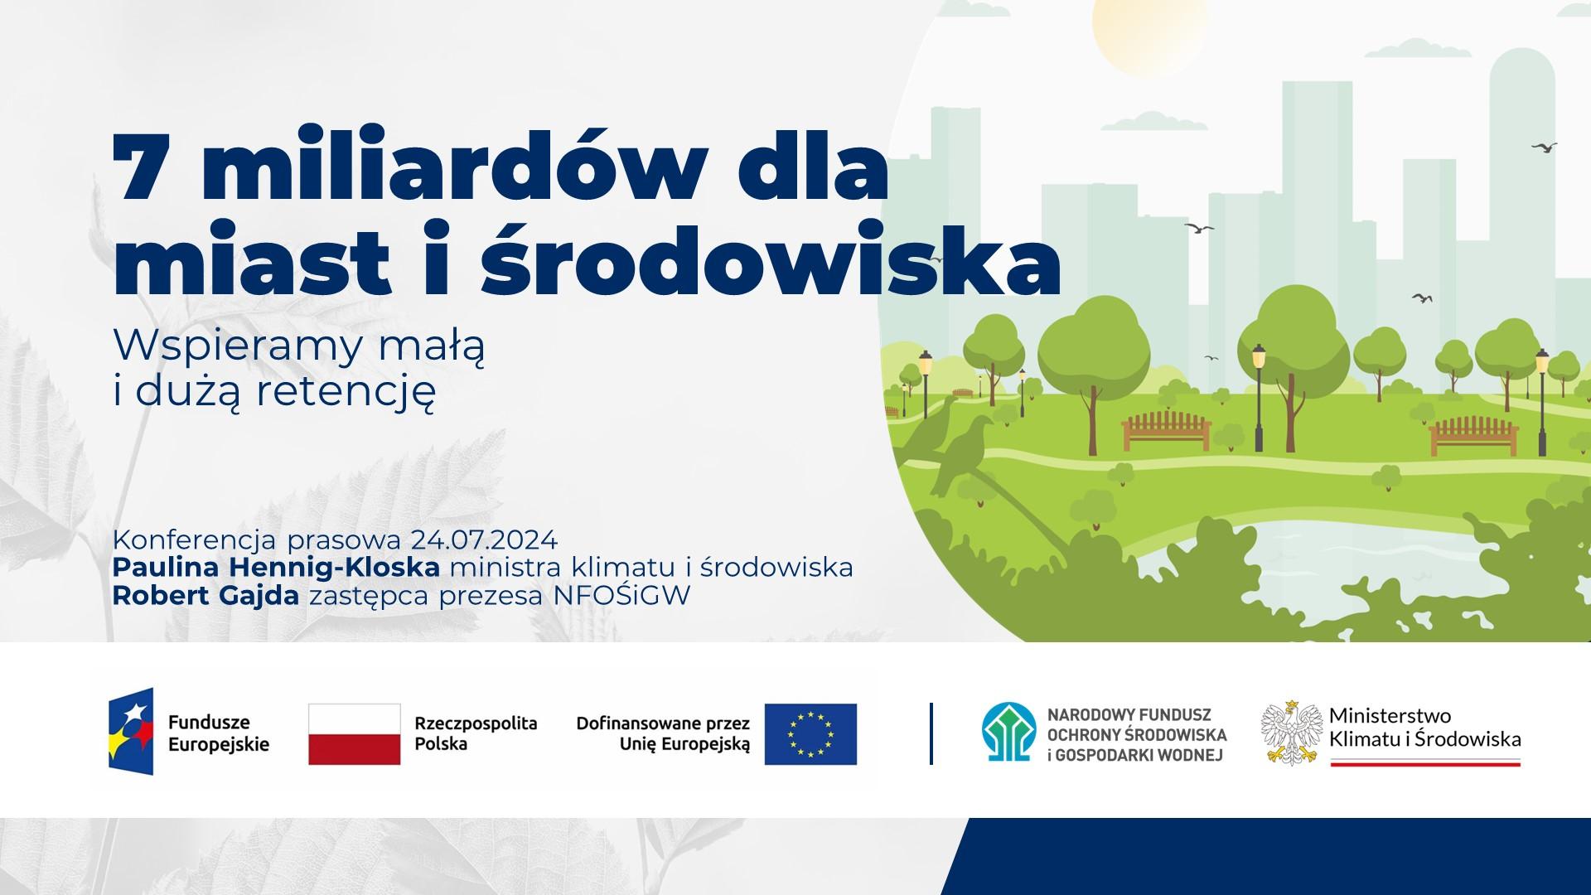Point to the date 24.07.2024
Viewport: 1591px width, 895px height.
483,540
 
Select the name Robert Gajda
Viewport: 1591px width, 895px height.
206,596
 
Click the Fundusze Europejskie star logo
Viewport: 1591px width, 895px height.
131,732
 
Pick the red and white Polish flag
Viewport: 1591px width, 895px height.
355,733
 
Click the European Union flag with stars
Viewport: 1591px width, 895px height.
810,733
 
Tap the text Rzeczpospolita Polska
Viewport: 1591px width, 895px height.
476,733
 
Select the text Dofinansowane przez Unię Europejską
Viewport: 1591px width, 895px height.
663,733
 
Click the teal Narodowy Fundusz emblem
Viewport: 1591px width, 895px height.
1009,733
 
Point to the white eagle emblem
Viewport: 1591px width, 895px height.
1291,733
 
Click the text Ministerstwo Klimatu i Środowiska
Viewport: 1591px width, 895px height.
1424,727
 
